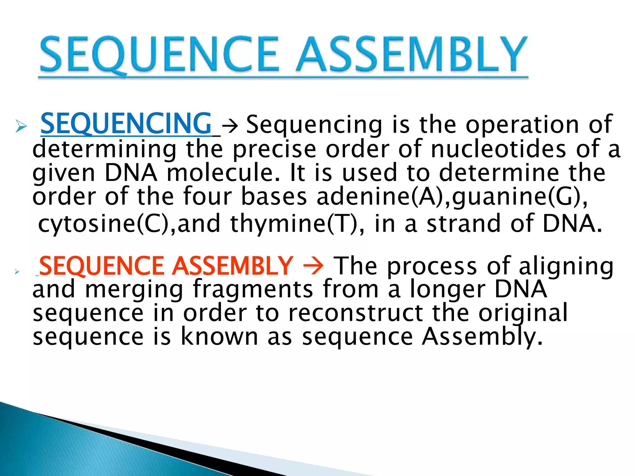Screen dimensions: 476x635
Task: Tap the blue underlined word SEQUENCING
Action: pyautogui.click(x=126, y=124)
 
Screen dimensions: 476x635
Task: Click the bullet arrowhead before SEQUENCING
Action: pyautogui.click(x=21, y=126)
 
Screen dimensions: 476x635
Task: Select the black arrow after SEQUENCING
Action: pyautogui.click(x=230, y=126)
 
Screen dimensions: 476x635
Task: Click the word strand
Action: pyautogui.click(x=464, y=224)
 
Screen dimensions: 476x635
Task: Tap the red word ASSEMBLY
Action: pyautogui.click(x=233, y=266)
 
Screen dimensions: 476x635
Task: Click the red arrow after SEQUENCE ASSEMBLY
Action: pyautogui.click(x=313, y=266)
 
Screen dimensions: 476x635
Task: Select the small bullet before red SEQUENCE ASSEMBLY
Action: pyautogui.click(x=17, y=272)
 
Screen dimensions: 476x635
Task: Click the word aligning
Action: pyautogui.click(x=566, y=266)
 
